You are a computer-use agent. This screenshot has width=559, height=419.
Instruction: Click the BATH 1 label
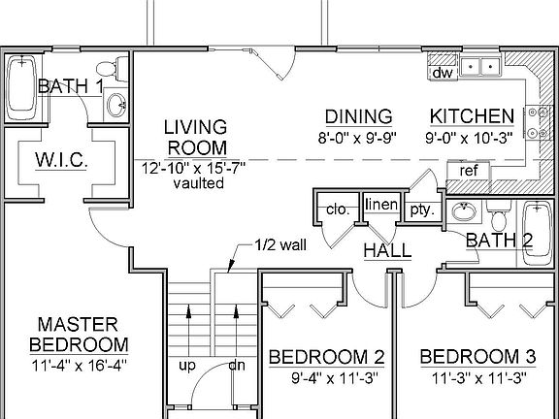(x=71, y=87)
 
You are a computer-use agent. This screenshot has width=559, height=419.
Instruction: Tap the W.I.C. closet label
(x=61, y=159)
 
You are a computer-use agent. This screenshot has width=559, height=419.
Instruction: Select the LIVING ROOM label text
(x=195, y=138)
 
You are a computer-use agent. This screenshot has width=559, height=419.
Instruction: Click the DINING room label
(x=358, y=116)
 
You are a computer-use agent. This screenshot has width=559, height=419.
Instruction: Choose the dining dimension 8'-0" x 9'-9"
(x=358, y=137)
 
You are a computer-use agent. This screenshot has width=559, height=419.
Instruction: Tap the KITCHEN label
(x=472, y=116)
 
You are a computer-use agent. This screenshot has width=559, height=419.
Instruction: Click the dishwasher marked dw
(x=443, y=73)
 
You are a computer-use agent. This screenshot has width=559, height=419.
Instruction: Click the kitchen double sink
(x=480, y=68)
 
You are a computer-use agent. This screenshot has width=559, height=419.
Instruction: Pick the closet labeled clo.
(x=337, y=209)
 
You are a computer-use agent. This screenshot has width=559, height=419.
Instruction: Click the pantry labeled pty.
(x=421, y=209)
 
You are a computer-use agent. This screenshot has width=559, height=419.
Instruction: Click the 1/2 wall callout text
(x=280, y=244)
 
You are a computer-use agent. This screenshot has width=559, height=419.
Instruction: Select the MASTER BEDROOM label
(x=78, y=334)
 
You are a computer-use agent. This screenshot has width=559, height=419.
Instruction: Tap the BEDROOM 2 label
(x=326, y=357)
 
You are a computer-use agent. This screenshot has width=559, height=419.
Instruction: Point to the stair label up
(x=185, y=366)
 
